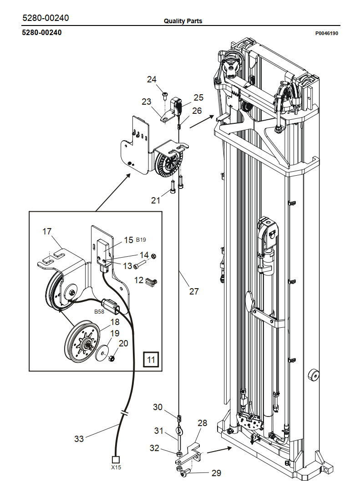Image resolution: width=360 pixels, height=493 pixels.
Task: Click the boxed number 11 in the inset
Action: tap(151, 359)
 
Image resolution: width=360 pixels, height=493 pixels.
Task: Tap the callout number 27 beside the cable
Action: tap(194, 291)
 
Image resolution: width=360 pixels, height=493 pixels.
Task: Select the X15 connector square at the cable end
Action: tap(116, 460)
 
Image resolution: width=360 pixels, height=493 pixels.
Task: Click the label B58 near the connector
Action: tap(99, 311)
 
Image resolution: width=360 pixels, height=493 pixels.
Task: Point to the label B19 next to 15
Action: tap(141, 239)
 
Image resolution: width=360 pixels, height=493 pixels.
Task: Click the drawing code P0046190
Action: tap(327, 33)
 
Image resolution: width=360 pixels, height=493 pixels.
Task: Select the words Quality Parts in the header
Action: tap(183, 21)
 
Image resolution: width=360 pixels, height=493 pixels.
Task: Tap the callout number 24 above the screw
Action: tap(152, 79)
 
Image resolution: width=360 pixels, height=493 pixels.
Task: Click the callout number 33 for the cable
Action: tap(79, 439)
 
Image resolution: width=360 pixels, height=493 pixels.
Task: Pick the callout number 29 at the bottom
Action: tap(216, 473)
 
